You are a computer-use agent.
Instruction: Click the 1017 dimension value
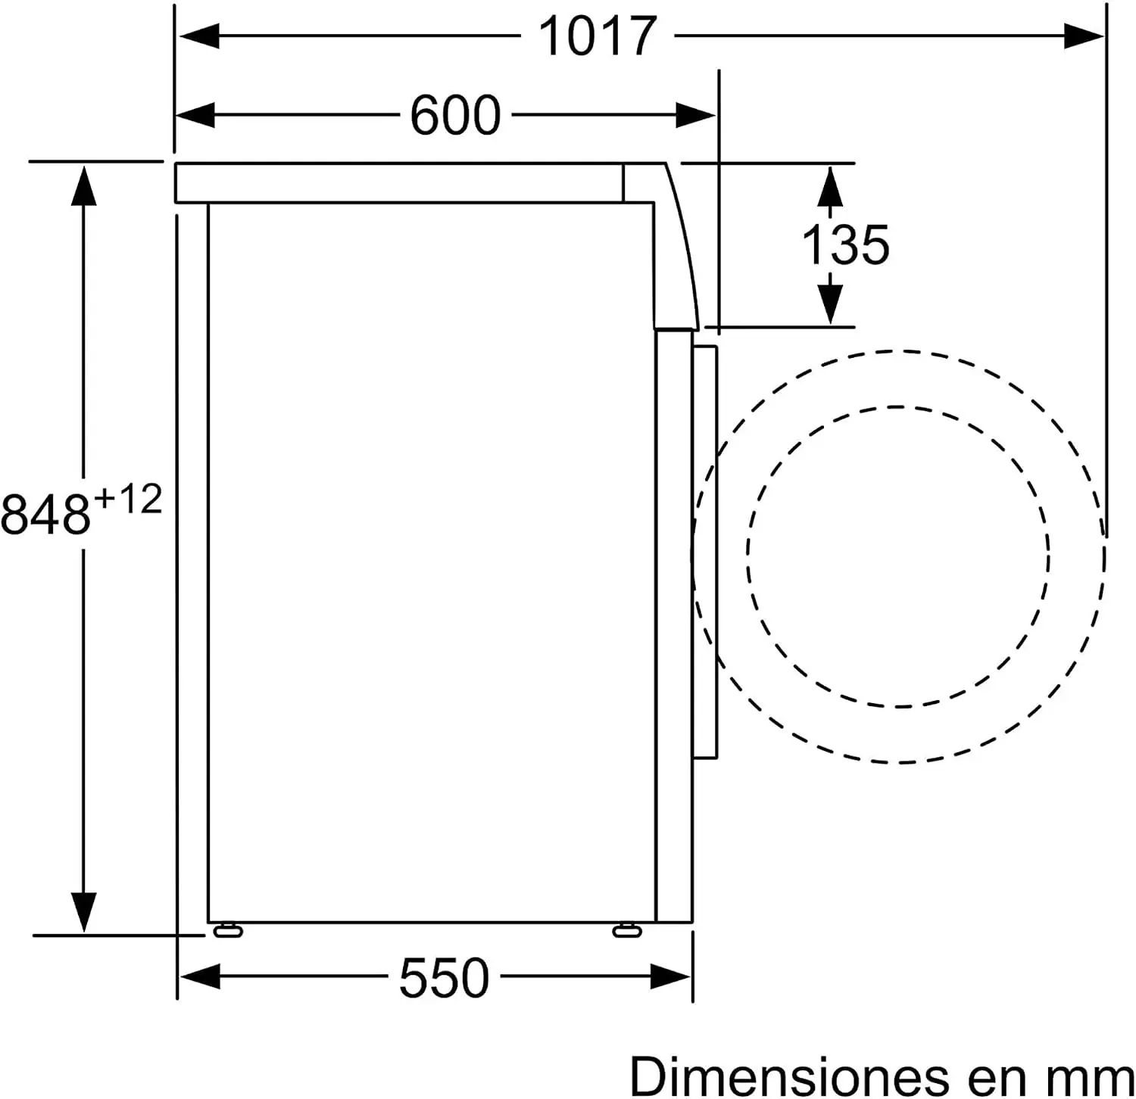pyautogui.click(x=597, y=36)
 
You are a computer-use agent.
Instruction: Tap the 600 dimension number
pyautogui.click(x=455, y=115)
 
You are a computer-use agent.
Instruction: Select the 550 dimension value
pyautogui.click(x=445, y=978)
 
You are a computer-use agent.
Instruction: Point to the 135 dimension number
pyautogui.click(x=845, y=244)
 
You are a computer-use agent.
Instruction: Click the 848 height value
pyautogui.click(x=45, y=513)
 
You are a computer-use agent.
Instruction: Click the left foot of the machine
pyautogui.click(x=228, y=930)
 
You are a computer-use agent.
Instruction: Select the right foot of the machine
pyautogui.click(x=627, y=930)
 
